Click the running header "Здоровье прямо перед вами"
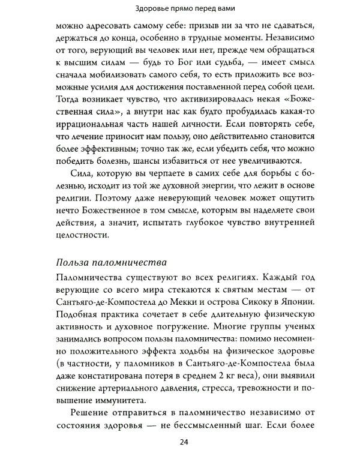pyautogui.click(x=180, y=8)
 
